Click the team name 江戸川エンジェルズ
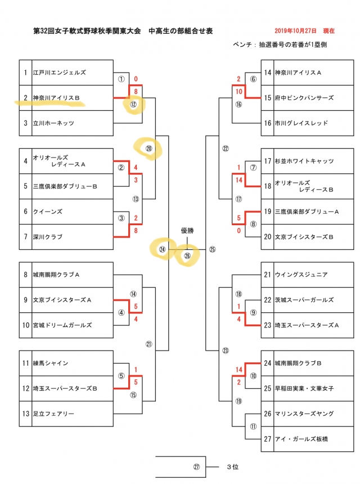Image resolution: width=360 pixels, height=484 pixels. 59,73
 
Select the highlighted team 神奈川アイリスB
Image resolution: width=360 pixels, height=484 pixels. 56,98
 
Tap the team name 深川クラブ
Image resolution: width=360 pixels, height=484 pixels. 48,237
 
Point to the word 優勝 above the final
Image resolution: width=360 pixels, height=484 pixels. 187,231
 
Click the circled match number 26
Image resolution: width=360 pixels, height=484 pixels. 187,256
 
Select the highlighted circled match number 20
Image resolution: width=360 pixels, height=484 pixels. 148,149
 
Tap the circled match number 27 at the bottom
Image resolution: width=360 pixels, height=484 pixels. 196,467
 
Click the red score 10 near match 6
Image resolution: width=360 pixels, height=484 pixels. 239,91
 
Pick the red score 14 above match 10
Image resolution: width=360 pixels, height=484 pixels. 239,369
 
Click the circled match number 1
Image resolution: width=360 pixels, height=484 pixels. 120,79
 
